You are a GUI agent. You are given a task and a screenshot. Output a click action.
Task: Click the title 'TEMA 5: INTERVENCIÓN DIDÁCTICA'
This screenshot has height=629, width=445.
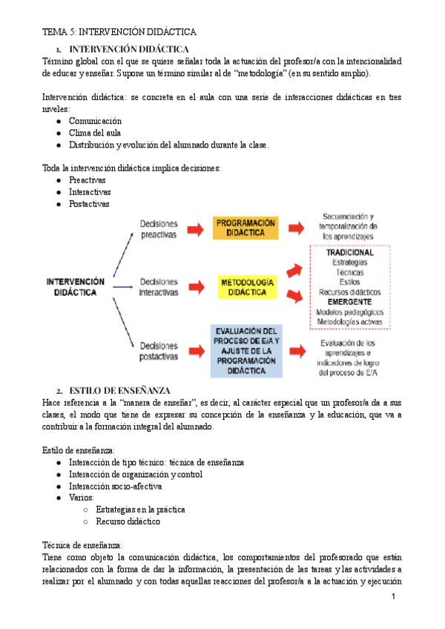coord(119,32)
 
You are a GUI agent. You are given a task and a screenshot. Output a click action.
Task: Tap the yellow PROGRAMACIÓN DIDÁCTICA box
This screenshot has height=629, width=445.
coord(245,228)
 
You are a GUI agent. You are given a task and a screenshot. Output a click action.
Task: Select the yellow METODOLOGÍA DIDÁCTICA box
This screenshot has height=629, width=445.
coord(247,287)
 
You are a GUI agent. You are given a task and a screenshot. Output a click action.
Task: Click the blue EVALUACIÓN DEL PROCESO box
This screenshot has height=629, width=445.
coord(247,350)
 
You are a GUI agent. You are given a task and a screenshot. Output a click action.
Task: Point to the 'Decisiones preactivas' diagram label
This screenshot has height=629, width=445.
coord(159,228)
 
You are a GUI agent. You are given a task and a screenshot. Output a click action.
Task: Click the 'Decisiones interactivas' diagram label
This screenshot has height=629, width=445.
coord(159,287)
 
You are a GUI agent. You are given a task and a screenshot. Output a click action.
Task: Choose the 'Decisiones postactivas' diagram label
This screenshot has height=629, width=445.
coord(159,351)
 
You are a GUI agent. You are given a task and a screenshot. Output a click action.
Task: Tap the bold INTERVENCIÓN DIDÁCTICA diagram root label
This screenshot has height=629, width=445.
coord(76,287)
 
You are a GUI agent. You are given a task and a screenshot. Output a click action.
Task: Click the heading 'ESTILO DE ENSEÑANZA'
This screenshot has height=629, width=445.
coord(119,390)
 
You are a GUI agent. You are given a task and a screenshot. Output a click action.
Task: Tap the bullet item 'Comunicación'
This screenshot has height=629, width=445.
coord(95,121)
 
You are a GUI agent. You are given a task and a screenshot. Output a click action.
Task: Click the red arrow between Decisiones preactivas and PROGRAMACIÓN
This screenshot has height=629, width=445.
coord(194,228)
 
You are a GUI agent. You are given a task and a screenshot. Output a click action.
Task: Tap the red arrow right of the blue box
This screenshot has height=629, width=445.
coord(297,350)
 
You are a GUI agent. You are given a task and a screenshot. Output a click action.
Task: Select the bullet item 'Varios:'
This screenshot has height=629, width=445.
coord(82,498)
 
